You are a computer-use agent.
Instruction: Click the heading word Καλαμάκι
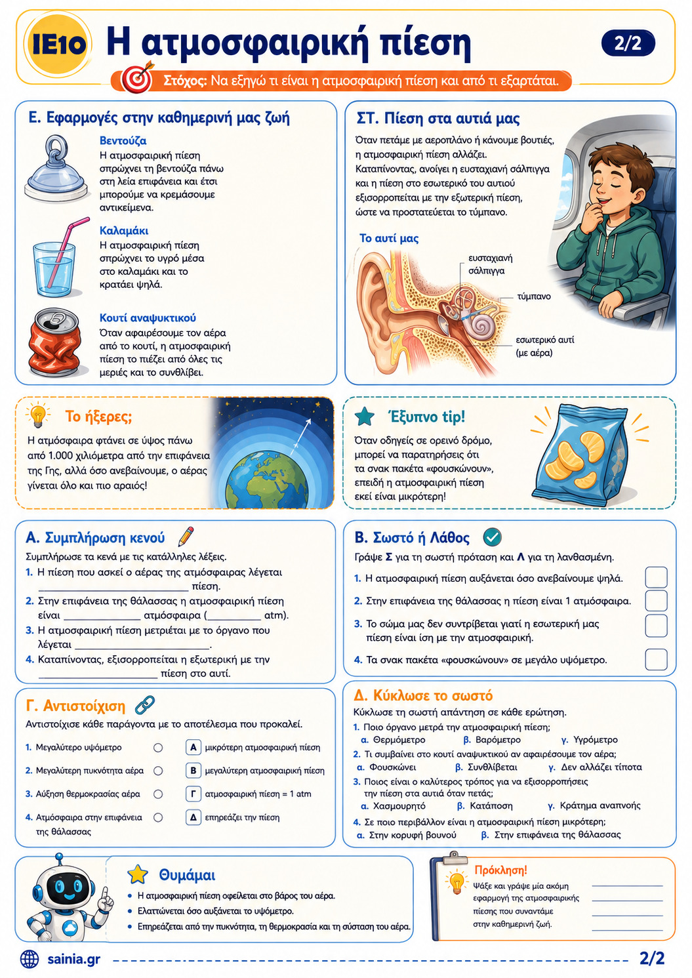[124, 230]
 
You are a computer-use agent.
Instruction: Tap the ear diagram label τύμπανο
[534, 296]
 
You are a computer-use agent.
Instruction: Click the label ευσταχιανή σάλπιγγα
[490, 264]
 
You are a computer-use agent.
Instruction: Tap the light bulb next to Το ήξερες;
[37, 416]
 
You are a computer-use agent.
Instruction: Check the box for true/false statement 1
[656, 578]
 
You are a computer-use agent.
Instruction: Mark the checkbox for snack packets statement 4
[656, 659]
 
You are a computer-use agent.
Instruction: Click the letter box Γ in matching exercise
[193, 794]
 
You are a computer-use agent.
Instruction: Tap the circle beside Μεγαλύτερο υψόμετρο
[158, 748]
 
